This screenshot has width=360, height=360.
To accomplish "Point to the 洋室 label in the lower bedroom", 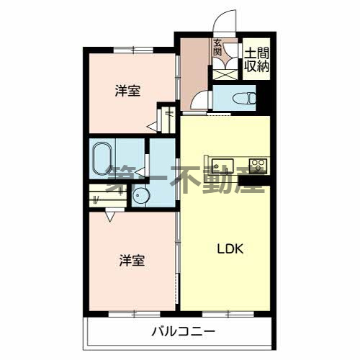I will point(132,261).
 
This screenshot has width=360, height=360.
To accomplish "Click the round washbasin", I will point(139,196).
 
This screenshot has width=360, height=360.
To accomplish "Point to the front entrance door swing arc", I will point(228,20).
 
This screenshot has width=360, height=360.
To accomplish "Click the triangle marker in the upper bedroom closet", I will point(152,127).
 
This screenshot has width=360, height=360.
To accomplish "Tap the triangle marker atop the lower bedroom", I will point(109,215).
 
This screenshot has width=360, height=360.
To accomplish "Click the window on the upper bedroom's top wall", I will point(133,49).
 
